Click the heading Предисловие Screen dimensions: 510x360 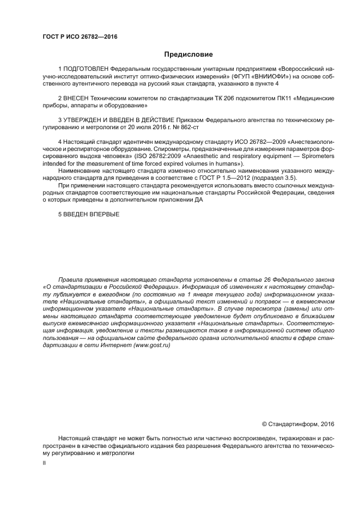(x=188, y=54)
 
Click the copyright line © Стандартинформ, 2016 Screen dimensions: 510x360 (x=297, y=423)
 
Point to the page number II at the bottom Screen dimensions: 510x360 (x=44, y=463)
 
